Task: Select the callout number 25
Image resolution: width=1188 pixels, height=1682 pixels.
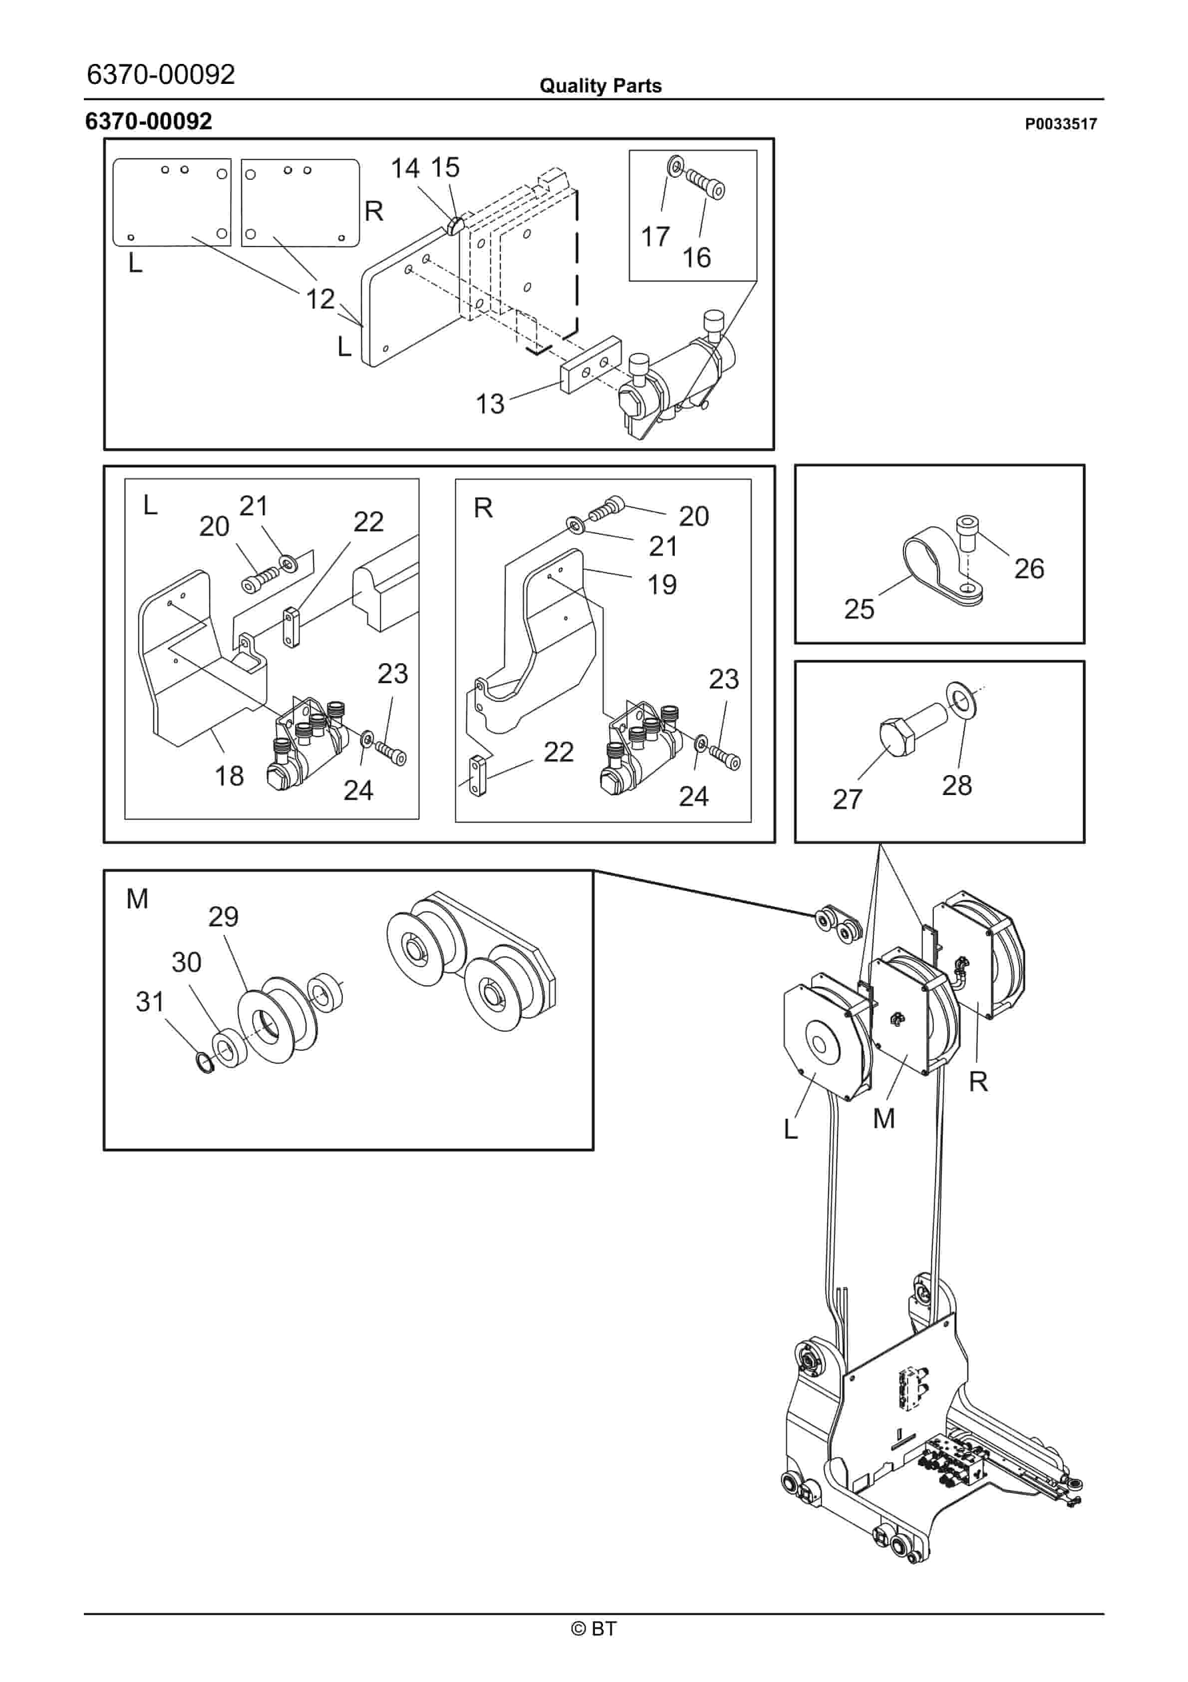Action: coord(859,609)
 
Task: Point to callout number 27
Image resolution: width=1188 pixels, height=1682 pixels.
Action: coord(848,799)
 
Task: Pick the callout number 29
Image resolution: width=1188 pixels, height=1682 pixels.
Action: coord(224,916)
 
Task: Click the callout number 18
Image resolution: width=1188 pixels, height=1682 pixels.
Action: coord(229,775)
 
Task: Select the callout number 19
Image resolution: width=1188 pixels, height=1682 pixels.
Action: coord(661,585)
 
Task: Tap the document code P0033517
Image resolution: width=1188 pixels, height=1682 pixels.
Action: coord(1060,124)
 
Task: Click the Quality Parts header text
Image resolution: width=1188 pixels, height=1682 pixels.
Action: coord(600,86)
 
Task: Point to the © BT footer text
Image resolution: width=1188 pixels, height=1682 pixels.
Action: coord(594,1629)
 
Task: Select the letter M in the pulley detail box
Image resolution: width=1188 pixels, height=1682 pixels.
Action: coord(137,898)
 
